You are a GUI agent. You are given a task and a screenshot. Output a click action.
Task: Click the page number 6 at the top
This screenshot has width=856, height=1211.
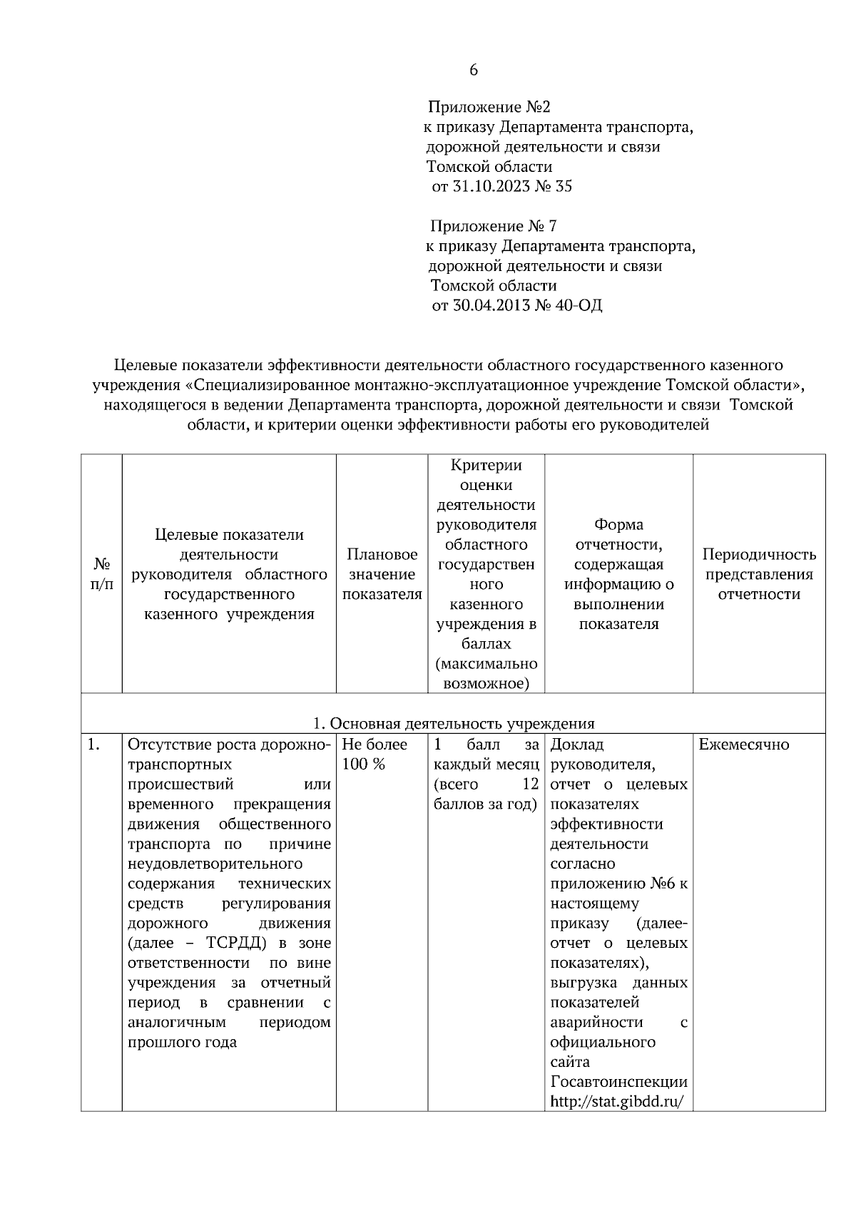point(474,70)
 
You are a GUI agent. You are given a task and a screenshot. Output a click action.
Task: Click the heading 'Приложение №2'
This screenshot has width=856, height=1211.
point(489,108)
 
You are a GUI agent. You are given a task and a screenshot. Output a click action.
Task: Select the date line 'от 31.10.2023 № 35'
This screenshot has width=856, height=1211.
point(502,187)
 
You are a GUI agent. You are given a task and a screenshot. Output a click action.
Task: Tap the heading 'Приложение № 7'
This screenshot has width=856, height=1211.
point(493,227)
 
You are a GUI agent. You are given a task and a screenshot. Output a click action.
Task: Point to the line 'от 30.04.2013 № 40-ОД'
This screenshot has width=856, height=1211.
point(517,306)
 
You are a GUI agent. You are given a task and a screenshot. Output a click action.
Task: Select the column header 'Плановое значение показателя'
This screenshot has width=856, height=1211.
point(382,574)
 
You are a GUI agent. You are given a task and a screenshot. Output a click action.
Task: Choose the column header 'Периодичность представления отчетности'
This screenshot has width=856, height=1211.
point(759,574)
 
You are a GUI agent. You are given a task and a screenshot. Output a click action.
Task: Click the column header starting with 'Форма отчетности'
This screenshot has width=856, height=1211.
point(618,574)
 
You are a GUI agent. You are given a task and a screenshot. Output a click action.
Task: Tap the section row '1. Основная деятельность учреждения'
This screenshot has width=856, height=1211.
point(454,724)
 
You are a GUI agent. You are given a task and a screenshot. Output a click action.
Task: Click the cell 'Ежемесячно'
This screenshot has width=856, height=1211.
point(744,745)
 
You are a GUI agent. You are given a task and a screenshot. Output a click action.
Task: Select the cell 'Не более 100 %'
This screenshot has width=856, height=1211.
point(375,755)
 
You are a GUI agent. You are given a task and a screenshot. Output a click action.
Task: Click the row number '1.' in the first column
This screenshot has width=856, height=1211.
point(93,745)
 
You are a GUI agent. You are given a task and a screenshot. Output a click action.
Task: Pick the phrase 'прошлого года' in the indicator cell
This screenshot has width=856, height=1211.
point(182,1043)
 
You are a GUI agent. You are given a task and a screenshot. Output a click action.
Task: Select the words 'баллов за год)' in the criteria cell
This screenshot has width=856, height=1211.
point(485,804)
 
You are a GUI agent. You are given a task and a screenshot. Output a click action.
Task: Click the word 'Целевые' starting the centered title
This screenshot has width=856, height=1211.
point(147,365)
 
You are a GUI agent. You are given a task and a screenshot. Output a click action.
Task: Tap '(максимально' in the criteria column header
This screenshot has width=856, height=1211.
point(486,664)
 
